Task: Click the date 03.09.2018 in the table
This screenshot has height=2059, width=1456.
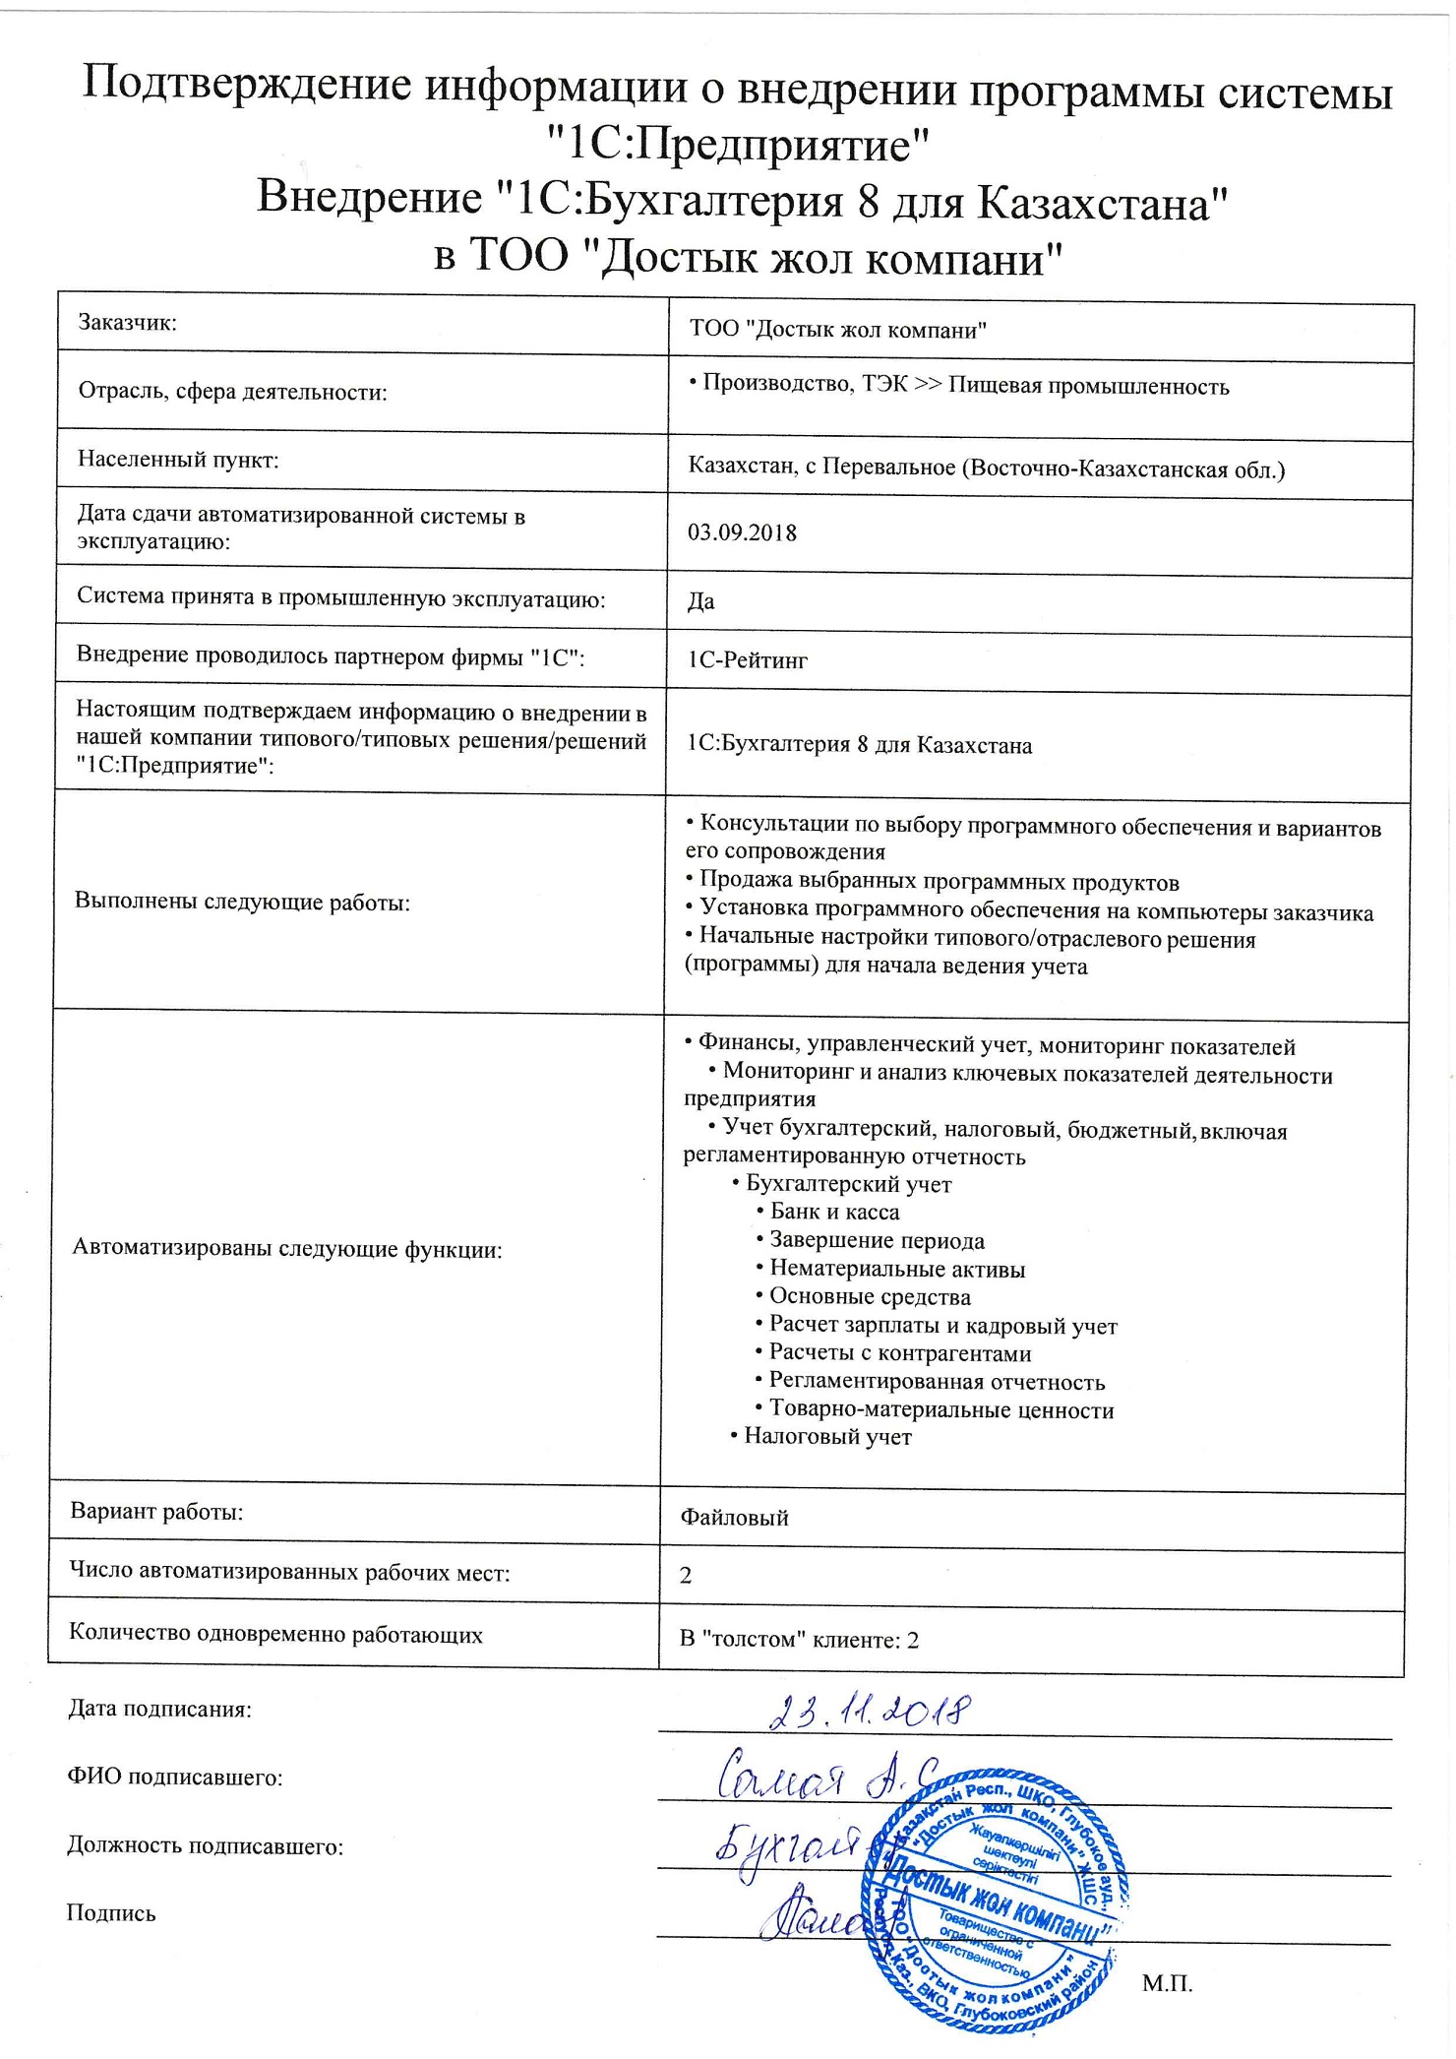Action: [x=742, y=533]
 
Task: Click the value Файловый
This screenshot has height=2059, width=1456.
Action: [x=734, y=1518]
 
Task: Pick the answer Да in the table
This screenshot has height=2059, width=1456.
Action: [x=700, y=601]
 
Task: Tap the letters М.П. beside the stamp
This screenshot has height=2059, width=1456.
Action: [x=1167, y=1983]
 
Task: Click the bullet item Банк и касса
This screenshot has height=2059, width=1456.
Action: [x=834, y=1212]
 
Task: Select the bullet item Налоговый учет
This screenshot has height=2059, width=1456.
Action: [x=827, y=1436]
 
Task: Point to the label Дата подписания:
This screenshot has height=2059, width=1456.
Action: [x=159, y=1710]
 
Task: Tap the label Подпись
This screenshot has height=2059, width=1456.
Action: [x=111, y=1913]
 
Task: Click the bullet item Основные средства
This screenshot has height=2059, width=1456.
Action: [x=870, y=1296]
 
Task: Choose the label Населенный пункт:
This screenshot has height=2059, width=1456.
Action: [x=178, y=460]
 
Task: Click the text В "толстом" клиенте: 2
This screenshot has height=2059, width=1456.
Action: [x=799, y=1640]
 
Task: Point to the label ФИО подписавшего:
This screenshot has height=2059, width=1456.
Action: [x=175, y=1778]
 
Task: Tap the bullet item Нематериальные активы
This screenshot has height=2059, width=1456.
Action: [x=896, y=1269]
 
